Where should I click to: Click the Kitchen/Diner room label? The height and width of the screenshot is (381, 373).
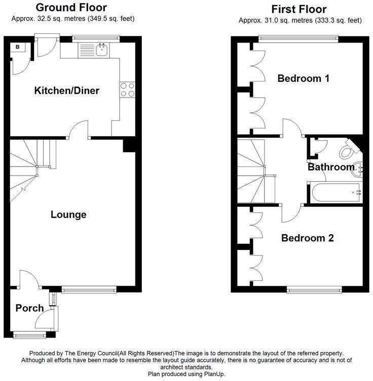click(x=66, y=91)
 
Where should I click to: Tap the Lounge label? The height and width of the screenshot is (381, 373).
click(x=68, y=215)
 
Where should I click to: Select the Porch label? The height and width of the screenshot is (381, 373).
click(x=29, y=308)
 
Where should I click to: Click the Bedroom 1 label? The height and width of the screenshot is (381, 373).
click(x=304, y=78)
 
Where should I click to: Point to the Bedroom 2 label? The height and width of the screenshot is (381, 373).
click(x=308, y=238)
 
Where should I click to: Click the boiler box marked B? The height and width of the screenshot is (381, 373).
click(x=18, y=48)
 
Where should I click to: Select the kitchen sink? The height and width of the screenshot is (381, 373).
click(x=102, y=50)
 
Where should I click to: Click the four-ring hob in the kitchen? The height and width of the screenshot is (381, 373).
click(x=127, y=90)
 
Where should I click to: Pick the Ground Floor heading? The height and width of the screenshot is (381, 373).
click(x=71, y=8)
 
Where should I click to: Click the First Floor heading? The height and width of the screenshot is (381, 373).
click(x=299, y=9)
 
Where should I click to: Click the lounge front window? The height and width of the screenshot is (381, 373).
click(x=89, y=290)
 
